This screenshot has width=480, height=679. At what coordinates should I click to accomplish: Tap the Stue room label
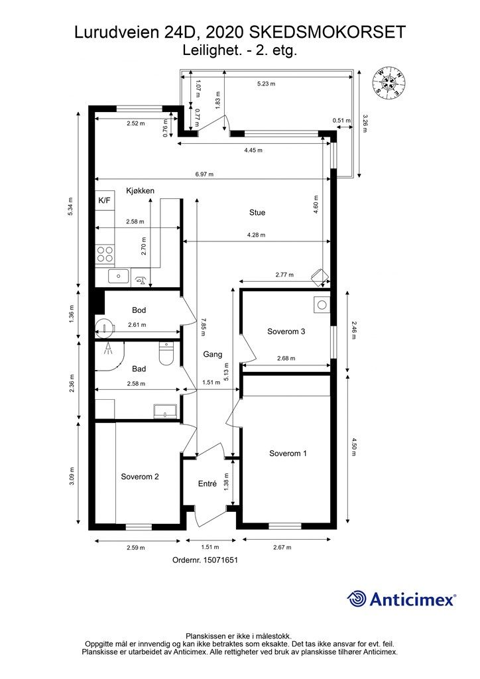(257, 213)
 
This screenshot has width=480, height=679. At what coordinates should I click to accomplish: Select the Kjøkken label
(141, 190)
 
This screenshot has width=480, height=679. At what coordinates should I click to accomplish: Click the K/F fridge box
(104, 200)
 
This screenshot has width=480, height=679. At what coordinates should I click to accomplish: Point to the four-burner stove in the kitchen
(104, 254)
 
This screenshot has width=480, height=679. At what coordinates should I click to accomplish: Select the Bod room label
(139, 310)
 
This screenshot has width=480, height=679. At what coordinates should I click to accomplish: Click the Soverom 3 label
(286, 332)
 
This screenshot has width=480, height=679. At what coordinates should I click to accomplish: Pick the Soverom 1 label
(288, 454)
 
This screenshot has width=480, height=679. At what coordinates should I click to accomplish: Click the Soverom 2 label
(140, 476)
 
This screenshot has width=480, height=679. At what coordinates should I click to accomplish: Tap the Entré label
(208, 483)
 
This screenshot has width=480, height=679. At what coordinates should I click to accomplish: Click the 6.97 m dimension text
(204, 174)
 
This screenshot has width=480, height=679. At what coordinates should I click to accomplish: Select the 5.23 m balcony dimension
(266, 84)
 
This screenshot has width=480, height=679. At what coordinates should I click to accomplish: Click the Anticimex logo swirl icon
(357, 599)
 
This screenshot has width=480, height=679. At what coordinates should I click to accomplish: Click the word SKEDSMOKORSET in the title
(328, 32)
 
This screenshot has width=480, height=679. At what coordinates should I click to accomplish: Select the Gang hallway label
(213, 354)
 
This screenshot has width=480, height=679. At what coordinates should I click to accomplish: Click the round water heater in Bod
(104, 327)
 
